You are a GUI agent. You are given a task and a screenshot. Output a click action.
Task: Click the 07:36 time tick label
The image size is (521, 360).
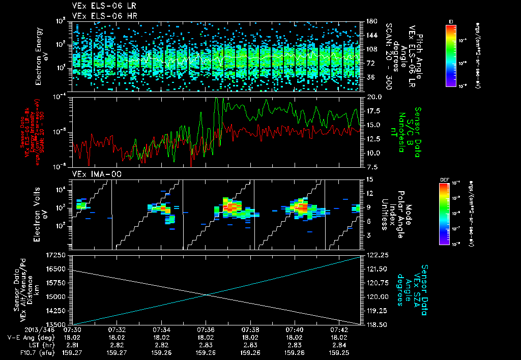coord(206,329)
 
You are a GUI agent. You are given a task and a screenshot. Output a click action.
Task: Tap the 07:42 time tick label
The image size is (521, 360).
coord(338,329)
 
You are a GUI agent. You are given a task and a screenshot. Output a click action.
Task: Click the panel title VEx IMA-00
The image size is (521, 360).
coord(92,174)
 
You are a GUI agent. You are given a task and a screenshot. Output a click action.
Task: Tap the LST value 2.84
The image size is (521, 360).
coord(338,344)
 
